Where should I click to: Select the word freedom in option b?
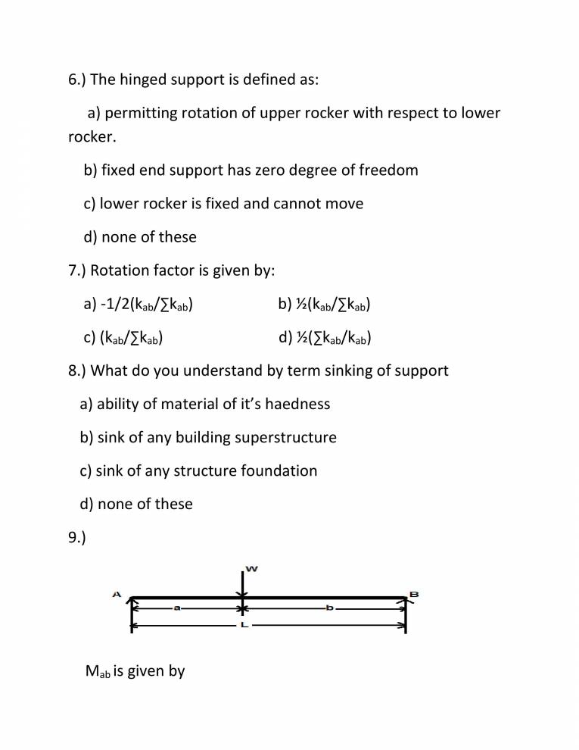tap(386, 170)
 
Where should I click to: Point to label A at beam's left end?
tap(117, 595)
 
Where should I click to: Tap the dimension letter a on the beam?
tap(176, 608)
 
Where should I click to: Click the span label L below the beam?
tap(243, 627)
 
